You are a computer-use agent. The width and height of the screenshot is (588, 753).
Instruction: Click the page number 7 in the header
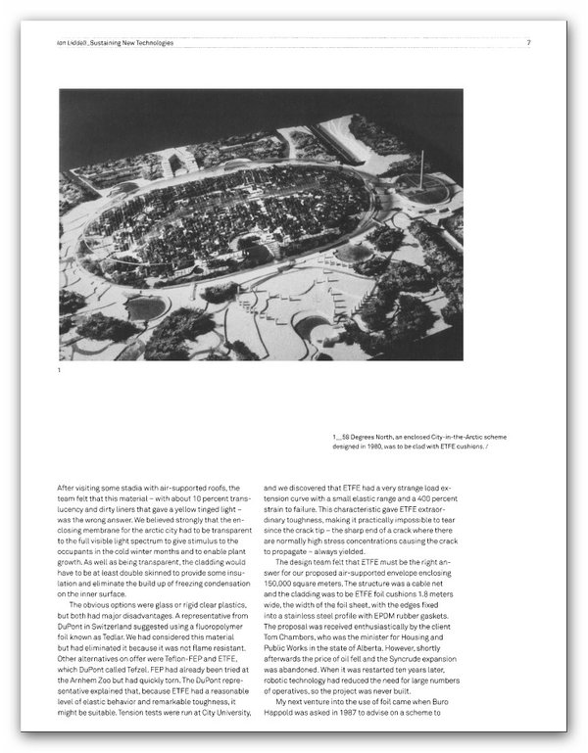(x=529, y=43)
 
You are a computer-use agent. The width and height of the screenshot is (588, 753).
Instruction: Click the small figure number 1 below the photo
(x=60, y=371)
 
